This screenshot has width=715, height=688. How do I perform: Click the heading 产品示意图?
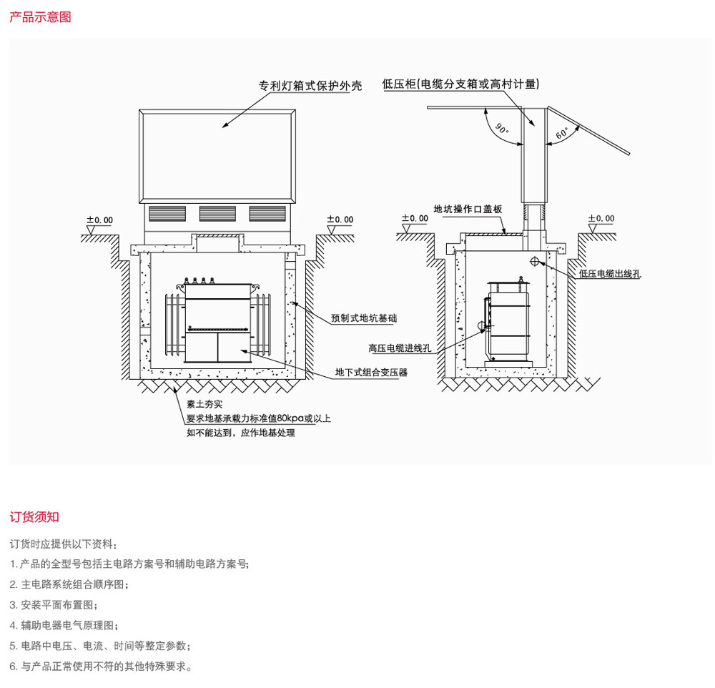[x=41, y=17]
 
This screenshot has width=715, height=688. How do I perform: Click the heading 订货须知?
[x=34, y=517]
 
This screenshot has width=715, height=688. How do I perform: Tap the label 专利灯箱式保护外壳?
[x=310, y=86]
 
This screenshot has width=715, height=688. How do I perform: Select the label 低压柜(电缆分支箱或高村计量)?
[x=460, y=84]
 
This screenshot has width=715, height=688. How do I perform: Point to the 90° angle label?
[x=502, y=129]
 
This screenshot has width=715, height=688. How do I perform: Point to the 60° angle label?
[x=562, y=133]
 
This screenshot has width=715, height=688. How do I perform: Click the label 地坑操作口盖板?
[x=468, y=209]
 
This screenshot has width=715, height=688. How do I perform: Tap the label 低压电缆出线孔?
[x=610, y=274]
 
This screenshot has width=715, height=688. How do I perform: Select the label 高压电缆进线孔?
[x=400, y=348]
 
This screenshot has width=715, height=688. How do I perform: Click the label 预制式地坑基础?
[x=364, y=318]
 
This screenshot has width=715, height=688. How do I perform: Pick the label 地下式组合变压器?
[x=371, y=373]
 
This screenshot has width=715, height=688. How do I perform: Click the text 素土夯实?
[x=204, y=404]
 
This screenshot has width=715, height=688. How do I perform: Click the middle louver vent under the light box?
[x=217, y=214]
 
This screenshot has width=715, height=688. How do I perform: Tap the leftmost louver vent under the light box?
[x=167, y=214]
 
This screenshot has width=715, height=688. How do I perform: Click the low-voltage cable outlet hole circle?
[x=535, y=262]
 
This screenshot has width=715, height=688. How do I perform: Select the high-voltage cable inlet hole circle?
[x=482, y=325]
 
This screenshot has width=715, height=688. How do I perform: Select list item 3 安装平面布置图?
[x=54, y=605]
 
